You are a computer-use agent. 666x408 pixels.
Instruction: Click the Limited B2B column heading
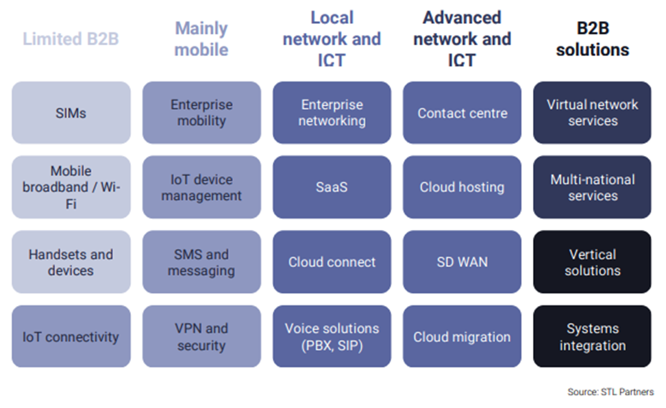71,39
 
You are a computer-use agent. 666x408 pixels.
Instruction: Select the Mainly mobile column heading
201,39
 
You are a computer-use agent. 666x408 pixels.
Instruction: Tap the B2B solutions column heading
592,39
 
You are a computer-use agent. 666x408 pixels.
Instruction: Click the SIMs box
71,113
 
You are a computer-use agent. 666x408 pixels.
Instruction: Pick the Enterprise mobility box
201,113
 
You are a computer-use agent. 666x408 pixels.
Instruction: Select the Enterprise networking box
332,113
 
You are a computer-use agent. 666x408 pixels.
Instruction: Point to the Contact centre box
462,113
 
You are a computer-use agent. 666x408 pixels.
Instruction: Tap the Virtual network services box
592,113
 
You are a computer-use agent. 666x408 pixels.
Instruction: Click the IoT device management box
201,187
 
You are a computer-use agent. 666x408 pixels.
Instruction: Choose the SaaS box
332,187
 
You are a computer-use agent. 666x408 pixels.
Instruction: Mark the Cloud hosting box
462,187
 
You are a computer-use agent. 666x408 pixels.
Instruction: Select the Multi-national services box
592,187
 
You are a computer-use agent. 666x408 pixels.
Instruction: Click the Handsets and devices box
71,262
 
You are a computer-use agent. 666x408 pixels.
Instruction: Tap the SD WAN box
462,262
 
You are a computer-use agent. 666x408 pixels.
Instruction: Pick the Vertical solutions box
592,262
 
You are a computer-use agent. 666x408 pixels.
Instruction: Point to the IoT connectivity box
71,336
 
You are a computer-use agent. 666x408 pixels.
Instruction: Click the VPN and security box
201,336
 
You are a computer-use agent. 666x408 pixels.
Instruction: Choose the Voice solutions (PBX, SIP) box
332,336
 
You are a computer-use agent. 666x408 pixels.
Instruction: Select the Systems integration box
592,336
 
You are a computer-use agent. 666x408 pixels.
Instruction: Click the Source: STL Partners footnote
610,392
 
